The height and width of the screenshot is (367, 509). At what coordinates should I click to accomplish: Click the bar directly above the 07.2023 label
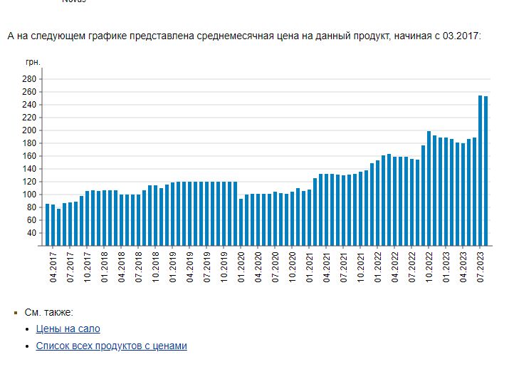(481, 171)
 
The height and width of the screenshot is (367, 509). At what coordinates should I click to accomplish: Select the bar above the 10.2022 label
(429, 189)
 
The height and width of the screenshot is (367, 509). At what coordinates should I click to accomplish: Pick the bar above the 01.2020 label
(241, 222)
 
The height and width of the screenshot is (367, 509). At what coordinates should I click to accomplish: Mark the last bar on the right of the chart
(486, 171)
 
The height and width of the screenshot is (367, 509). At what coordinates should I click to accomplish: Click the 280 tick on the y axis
(29, 79)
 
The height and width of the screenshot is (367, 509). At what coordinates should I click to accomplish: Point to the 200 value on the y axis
(29, 130)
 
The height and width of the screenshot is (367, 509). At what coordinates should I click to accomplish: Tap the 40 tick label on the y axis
(31, 233)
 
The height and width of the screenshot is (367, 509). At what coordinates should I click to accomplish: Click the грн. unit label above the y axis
(33, 63)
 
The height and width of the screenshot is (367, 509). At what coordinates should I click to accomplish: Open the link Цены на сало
(68, 329)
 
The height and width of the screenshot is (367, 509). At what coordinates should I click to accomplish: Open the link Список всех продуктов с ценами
(111, 346)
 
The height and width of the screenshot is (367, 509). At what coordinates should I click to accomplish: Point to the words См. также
(48, 312)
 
